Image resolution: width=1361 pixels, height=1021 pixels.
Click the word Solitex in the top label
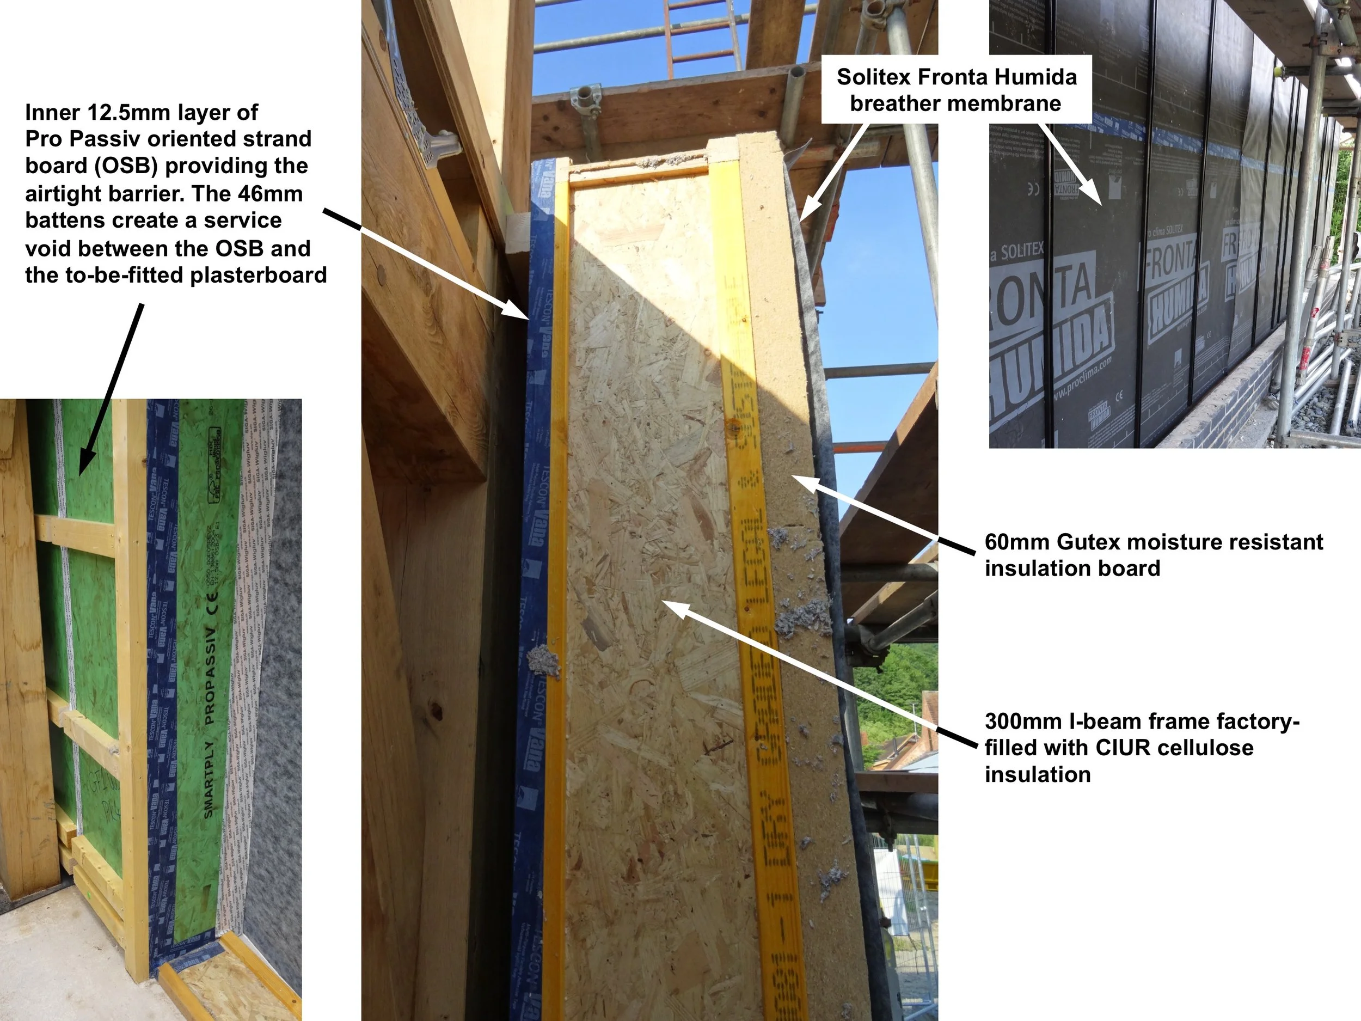pyautogui.click(x=874, y=77)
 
